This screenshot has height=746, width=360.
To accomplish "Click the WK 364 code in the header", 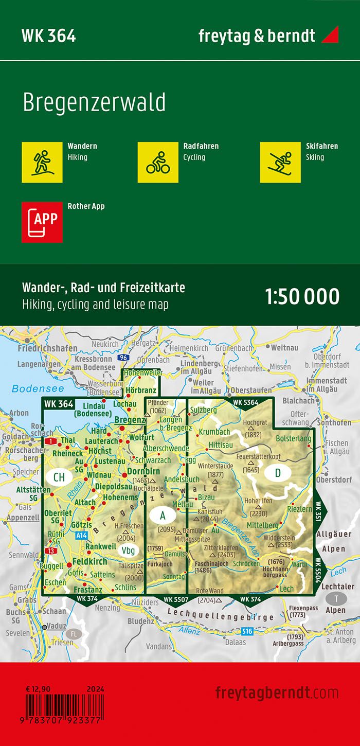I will point(49,35).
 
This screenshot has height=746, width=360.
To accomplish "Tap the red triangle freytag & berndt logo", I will point(330,35).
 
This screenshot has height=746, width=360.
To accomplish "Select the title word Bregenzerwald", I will point(94,103).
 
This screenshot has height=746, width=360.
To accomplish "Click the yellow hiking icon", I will point(42,162).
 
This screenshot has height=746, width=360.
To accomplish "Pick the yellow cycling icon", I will point(157,162).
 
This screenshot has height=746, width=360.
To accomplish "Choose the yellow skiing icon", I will point(280,162).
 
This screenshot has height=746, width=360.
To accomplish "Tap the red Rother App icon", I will point(42,222).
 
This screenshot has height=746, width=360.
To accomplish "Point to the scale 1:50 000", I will point(302,297).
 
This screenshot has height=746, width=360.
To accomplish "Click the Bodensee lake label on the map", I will point(30,388).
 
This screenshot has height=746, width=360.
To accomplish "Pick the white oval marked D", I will point(278,473).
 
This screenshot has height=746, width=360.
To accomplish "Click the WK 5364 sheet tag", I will point(245,402).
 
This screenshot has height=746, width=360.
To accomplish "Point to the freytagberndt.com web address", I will point(277,692).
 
